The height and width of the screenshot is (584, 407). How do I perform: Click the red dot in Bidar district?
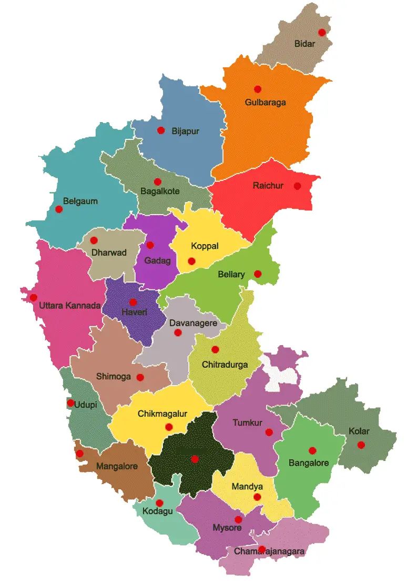pyautogui.click(x=322, y=32)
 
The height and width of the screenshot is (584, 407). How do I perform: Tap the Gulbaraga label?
pyautogui.click(x=265, y=102)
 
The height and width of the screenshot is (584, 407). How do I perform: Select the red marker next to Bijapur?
pyautogui.click(x=161, y=130)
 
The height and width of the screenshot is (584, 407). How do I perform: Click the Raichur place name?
pyautogui.click(x=268, y=186)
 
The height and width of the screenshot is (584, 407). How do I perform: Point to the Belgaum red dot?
pyautogui.click(x=59, y=209)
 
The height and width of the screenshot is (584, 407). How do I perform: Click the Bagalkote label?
pyautogui.click(x=160, y=192)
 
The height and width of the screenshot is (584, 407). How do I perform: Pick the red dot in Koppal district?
pyautogui.click(x=191, y=261)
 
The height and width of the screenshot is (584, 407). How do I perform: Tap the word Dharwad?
pyautogui.click(x=109, y=253)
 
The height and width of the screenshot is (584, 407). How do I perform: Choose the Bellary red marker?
pyautogui.click(x=258, y=274)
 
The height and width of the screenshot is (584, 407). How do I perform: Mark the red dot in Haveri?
pyautogui.click(x=133, y=302)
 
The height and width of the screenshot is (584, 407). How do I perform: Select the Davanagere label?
pyautogui.click(x=193, y=323)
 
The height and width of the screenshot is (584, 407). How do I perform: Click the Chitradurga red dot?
pyautogui.click(x=215, y=349)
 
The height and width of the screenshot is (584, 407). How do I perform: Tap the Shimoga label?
pyautogui.click(x=113, y=377)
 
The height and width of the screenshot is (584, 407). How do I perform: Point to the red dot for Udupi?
pyautogui.click(x=70, y=403)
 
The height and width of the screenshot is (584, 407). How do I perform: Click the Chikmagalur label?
pyautogui.click(x=162, y=414)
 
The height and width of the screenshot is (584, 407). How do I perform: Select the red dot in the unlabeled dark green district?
pyautogui.click(x=195, y=459)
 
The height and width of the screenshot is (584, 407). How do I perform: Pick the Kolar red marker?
pyautogui.click(x=361, y=445)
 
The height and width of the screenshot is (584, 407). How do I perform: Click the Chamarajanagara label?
pyautogui.click(x=269, y=551)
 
